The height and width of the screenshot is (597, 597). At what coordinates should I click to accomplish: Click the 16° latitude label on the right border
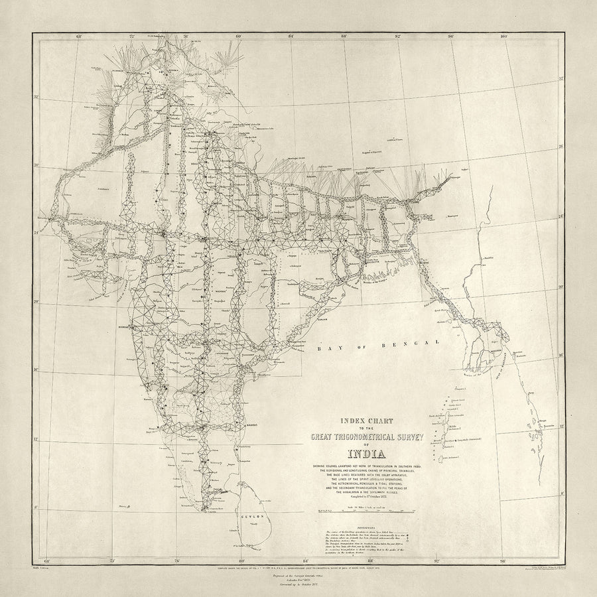(563, 356)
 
